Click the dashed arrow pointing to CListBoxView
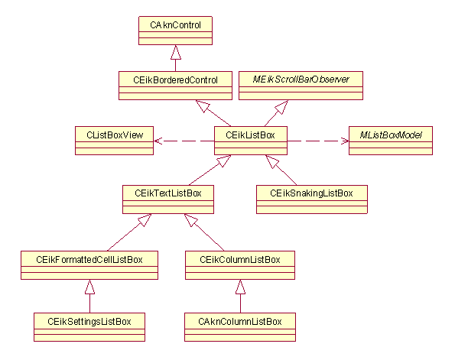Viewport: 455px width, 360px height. [184, 141]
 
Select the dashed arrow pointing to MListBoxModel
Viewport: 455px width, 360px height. [317, 141]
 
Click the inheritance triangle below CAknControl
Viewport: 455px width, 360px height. [175, 53]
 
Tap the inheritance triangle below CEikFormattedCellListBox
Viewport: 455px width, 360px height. [89, 287]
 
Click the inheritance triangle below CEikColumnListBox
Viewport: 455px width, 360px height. [239, 287]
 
